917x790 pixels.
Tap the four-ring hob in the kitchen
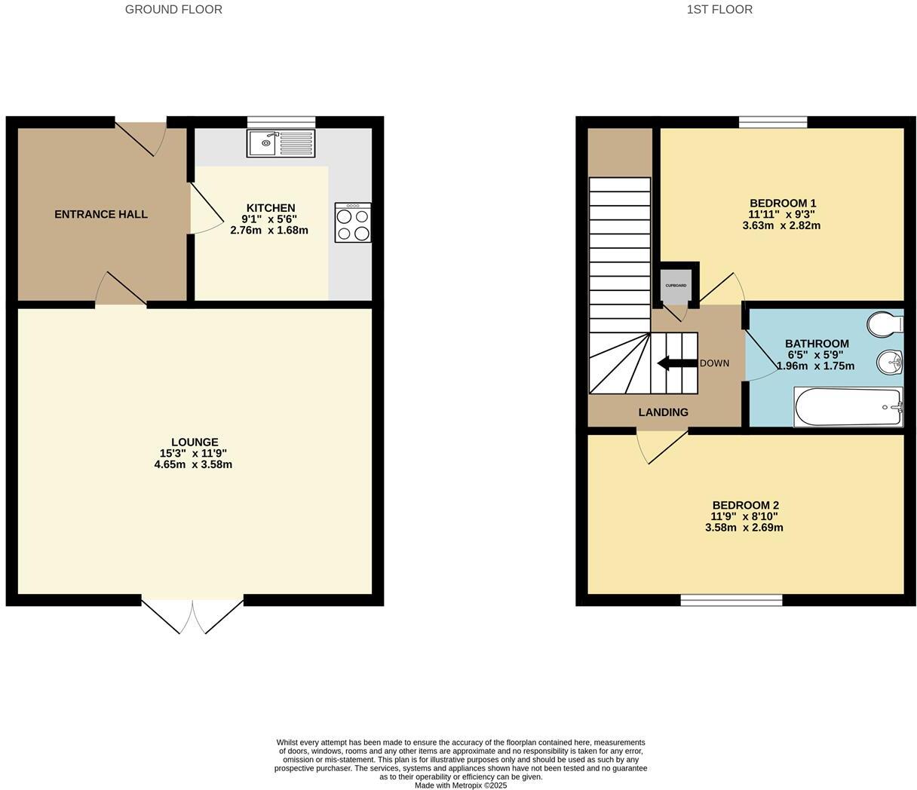tap(353, 222)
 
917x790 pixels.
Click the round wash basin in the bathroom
tap(891, 363)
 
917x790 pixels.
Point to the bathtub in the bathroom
tap(848, 407)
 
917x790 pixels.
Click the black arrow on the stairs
tap(676, 363)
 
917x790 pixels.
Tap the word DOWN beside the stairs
tap(714, 363)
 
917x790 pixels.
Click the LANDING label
tap(663, 412)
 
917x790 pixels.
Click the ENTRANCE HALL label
tap(101, 215)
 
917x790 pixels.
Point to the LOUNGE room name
tap(195, 442)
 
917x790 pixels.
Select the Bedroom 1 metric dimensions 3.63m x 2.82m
tap(781, 225)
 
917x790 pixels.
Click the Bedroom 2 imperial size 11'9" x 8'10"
tap(744, 516)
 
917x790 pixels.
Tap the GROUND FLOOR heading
tap(173, 10)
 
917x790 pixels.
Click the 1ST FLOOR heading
tap(719, 10)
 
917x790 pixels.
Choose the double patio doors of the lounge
tap(192, 614)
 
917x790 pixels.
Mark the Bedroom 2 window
tap(731, 600)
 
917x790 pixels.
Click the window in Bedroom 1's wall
tap(773, 122)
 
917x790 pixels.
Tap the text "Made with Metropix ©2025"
tap(461, 785)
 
